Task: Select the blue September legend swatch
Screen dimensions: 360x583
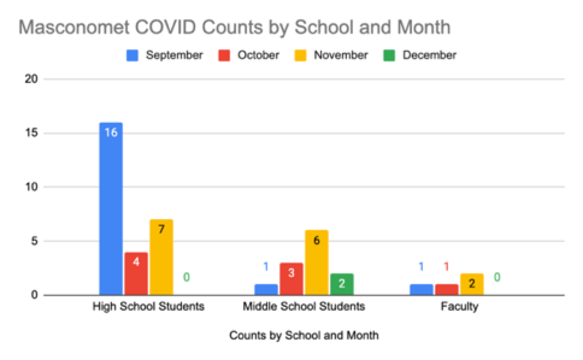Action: pyautogui.click(x=132, y=55)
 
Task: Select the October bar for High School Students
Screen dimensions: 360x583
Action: pyautogui.click(x=136, y=274)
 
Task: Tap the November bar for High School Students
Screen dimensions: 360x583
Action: pyautogui.click(x=161, y=258)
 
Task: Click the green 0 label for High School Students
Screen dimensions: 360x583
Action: pyautogui.click(x=187, y=278)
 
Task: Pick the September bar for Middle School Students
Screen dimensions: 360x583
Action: pyautogui.click(x=266, y=290)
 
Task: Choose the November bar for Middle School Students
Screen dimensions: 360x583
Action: pyautogui.click(x=317, y=263)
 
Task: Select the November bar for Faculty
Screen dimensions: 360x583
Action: pyautogui.click(x=472, y=285)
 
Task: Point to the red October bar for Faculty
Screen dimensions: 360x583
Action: pyautogui.click(x=447, y=290)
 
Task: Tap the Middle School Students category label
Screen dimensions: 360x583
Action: pyautogui.click(x=304, y=306)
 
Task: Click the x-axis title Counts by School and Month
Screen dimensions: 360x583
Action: pyautogui.click(x=304, y=335)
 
